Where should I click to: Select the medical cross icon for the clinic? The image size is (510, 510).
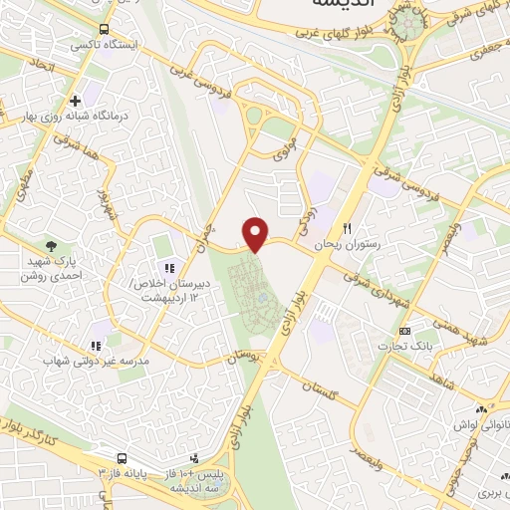point(75,101)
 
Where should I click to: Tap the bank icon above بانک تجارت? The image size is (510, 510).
point(403,330)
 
